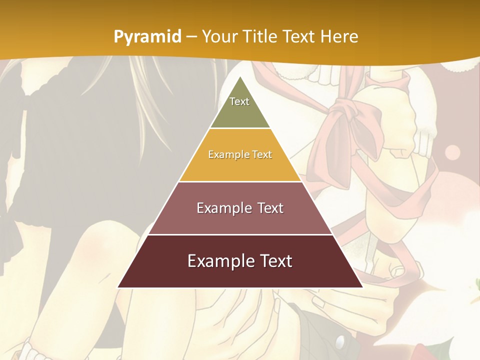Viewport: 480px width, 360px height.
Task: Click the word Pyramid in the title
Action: click(147, 37)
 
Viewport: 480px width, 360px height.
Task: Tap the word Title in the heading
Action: click(261, 36)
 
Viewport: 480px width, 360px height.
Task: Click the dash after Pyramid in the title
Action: click(191, 37)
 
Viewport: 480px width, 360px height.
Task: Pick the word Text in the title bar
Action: click(299, 36)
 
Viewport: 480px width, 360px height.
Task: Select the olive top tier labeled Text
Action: click(239, 107)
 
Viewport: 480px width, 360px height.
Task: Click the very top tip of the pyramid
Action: click(240, 77)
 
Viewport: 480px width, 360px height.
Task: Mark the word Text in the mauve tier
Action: click(268, 208)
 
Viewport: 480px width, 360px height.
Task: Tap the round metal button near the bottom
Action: click(340, 342)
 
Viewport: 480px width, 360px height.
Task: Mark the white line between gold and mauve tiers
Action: click(240, 181)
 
